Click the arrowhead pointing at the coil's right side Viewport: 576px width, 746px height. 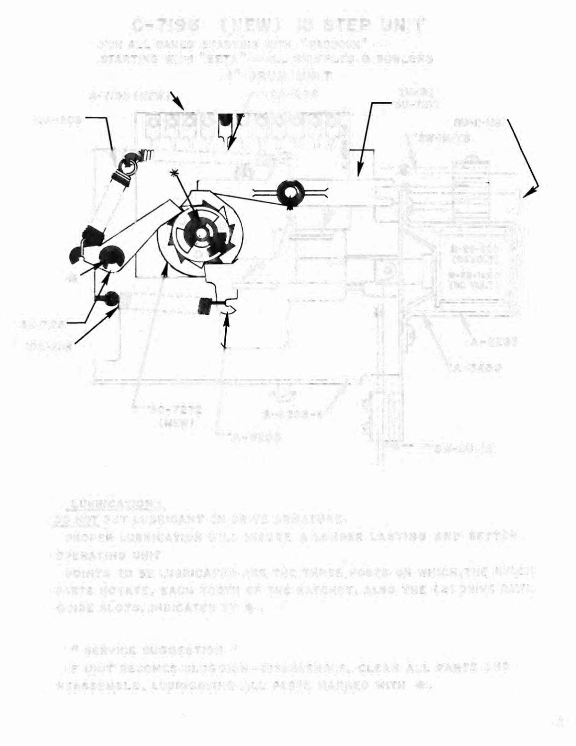coord(530,191)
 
